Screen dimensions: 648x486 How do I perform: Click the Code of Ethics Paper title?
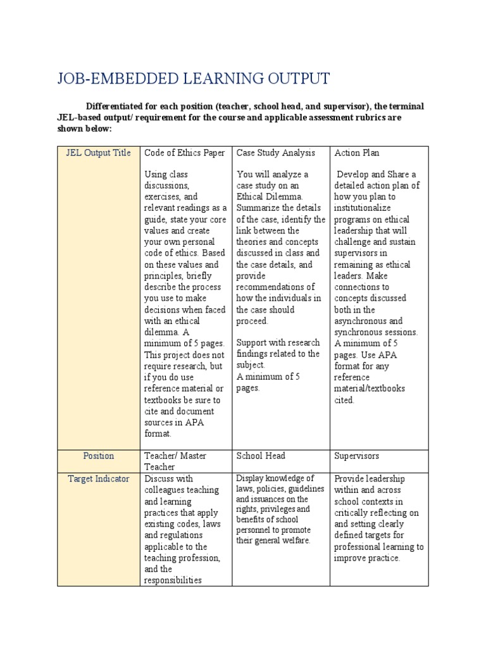185,153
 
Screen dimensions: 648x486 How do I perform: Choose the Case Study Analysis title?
275,153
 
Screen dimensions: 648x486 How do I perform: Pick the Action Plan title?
357,153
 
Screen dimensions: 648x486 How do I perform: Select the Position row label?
98,456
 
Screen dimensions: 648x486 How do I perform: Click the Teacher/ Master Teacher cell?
175,461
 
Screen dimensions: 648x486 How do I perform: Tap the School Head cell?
261,456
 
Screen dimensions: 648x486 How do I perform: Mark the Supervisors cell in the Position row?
358,456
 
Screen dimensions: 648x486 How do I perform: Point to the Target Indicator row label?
98,478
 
